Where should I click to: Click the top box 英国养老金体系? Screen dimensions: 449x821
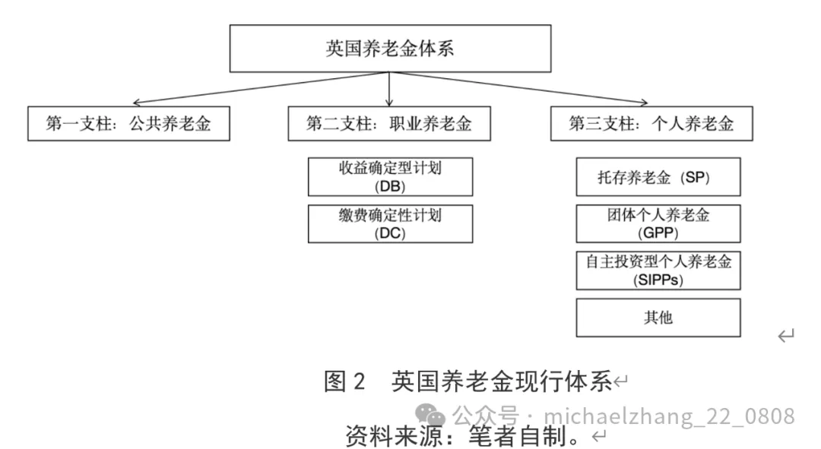coord(390,49)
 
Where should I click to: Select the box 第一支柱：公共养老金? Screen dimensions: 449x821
coord(128,124)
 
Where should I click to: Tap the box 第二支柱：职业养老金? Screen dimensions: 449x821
coord(388,124)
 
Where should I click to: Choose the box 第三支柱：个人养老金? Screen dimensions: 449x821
coord(651,124)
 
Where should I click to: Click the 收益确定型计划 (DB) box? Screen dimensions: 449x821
coord(390,177)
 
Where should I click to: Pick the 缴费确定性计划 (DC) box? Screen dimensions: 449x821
coord(390,223)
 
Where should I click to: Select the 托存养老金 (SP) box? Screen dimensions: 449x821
coord(658,177)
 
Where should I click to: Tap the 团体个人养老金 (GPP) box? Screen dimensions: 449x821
coord(658,223)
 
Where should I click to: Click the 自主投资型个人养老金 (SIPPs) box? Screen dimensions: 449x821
coord(658,270)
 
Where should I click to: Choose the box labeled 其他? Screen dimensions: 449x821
coord(658,318)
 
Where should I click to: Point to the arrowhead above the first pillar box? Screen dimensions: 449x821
coord(135,103)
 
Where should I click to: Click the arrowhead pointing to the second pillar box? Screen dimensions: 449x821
coord(389,103)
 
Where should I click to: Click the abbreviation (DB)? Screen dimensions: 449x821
coord(390,186)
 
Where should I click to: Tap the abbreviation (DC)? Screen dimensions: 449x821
coord(390,233)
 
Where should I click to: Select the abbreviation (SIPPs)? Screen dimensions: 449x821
coord(658,280)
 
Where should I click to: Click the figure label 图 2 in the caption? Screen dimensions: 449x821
coord(345,381)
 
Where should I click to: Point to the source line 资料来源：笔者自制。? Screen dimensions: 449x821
coord(466,436)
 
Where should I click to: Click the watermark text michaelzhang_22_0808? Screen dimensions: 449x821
coord(669,416)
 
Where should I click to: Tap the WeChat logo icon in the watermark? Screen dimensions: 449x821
coord(436,415)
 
